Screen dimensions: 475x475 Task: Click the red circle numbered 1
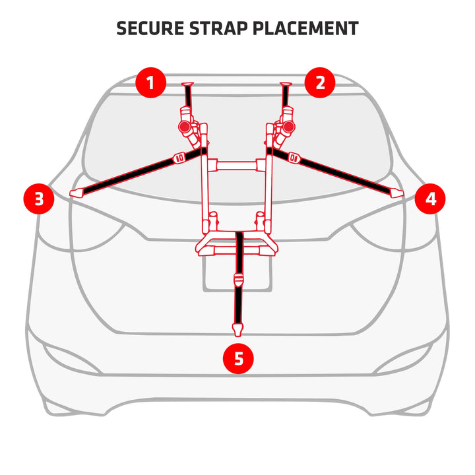151,84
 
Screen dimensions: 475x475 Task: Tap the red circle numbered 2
320,83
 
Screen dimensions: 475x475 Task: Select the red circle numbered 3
39,199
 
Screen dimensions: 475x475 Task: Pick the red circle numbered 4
430,199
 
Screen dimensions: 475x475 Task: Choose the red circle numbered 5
238,358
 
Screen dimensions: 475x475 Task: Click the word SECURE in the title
149,28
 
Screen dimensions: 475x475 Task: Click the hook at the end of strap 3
77,193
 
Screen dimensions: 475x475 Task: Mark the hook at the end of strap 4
396,193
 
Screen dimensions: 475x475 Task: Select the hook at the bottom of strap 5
237,328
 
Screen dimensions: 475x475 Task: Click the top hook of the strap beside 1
187,84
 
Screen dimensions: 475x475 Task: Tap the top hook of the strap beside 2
286,84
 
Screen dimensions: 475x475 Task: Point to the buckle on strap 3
178,158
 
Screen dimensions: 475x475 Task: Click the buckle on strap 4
295,158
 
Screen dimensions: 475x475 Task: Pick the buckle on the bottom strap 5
237,280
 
